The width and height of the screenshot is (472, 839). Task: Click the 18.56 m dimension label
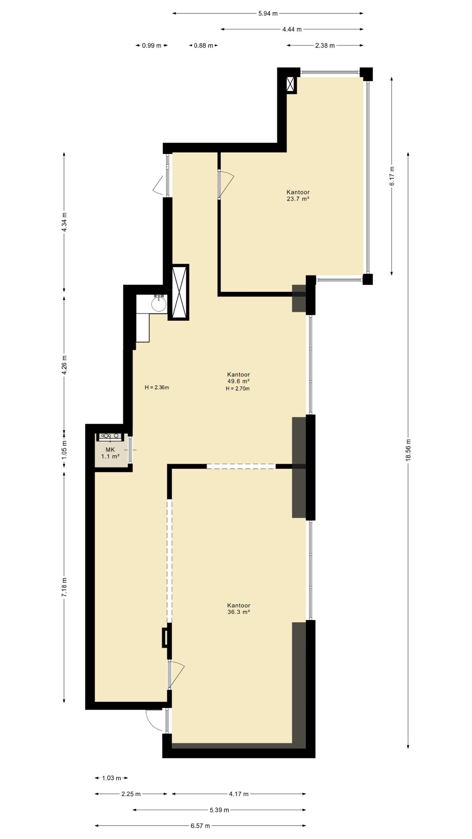tap(408, 449)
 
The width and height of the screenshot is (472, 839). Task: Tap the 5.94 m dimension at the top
tap(268, 13)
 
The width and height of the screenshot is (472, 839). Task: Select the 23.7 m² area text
tap(298, 199)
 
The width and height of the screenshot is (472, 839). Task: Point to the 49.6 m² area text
tap(238, 381)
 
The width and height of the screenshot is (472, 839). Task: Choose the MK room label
tap(110, 450)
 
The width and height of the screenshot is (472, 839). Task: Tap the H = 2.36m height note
tap(157, 387)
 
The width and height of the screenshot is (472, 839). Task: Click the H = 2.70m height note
tap(238, 389)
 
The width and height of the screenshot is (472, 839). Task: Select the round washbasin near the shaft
tap(159, 304)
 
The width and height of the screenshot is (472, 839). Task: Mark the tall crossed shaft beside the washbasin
tap(178, 292)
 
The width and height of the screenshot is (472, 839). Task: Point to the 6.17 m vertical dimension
tap(392, 176)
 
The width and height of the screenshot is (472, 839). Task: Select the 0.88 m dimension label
tap(204, 46)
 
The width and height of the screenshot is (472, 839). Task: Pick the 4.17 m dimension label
tap(239, 794)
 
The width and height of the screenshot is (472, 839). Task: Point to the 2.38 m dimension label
tap(325, 46)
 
